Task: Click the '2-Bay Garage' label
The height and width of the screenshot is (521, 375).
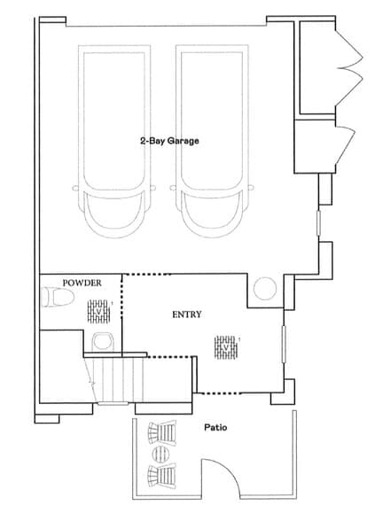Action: pos(168,140)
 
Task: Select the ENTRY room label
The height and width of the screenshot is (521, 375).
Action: pos(187,314)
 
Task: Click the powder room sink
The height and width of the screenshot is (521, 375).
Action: pos(102,340)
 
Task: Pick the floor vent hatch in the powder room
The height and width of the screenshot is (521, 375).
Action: pos(100,312)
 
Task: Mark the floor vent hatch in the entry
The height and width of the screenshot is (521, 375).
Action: pos(226,346)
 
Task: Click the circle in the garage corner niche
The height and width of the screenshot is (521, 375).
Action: pos(263,289)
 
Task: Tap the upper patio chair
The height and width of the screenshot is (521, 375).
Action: pos(162,434)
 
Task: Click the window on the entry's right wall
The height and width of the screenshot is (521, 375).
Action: pos(283,343)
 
